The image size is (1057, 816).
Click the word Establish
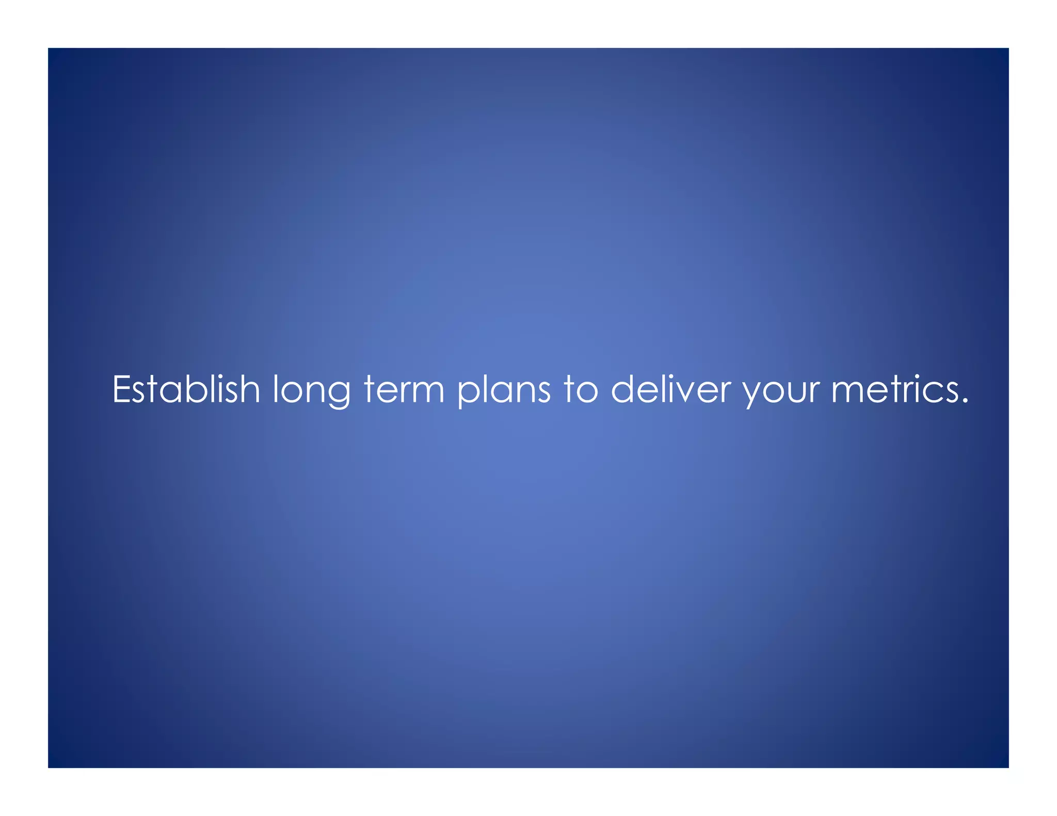point(186,389)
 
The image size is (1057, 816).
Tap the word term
point(404,389)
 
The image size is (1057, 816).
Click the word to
point(581,389)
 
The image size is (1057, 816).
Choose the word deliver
point(670,389)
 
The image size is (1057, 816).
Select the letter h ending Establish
point(249,388)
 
